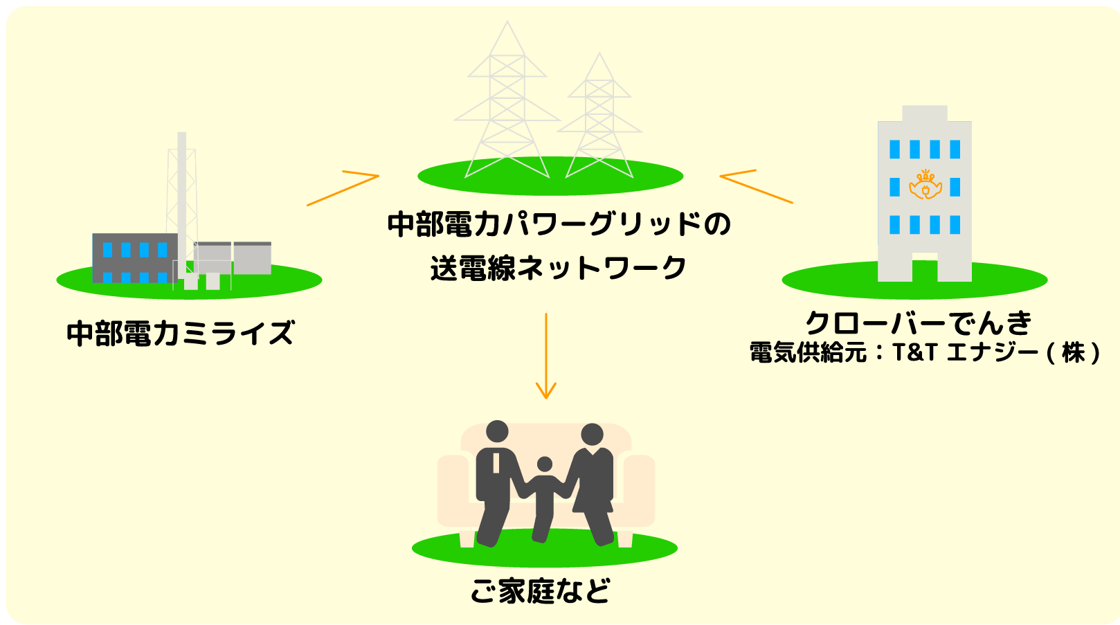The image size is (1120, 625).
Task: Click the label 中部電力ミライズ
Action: coord(181,333)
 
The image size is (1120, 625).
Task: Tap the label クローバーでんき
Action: coord(919,323)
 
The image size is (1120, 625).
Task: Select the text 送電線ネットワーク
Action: coord(558,268)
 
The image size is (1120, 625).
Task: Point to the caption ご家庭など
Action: coord(541,591)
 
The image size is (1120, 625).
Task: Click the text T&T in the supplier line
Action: coord(914,352)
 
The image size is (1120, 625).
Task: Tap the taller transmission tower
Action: coord(507,104)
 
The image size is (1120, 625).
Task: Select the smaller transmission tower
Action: coord(599,118)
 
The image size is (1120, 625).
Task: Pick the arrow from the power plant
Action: coord(343,188)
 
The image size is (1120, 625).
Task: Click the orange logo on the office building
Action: coord(925,185)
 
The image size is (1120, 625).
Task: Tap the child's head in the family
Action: coord(545,464)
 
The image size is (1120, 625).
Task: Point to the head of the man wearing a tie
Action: coord(497,432)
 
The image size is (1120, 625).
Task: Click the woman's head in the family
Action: coord(592,435)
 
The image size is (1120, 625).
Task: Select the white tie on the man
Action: coord(496,463)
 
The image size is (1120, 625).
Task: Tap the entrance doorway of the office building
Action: coord(925,270)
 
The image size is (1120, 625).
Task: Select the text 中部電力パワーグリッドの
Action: coord(559,224)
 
